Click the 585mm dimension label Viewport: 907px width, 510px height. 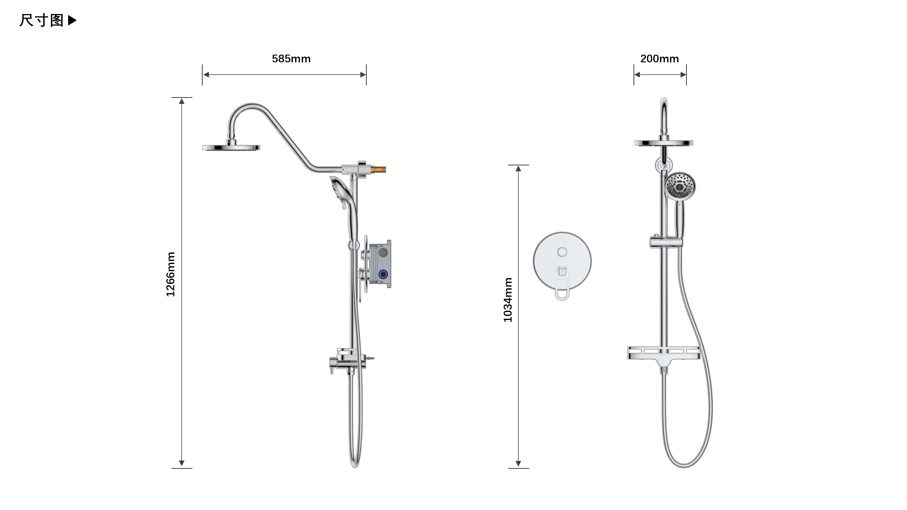tap(291, 59)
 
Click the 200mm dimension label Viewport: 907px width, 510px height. tap(659, 59)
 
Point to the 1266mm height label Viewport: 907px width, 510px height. tap(171, 274)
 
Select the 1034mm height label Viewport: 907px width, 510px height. tap(507, 300)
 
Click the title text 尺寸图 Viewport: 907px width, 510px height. tap(41, 20)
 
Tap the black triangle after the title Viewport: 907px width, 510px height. tap(72, 20)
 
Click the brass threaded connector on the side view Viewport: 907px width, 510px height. tap(378, 170)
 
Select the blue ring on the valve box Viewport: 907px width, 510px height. tap(383, 274)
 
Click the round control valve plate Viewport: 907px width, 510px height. tap(562, 261)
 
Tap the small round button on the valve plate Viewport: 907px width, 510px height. tap(562, 252)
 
